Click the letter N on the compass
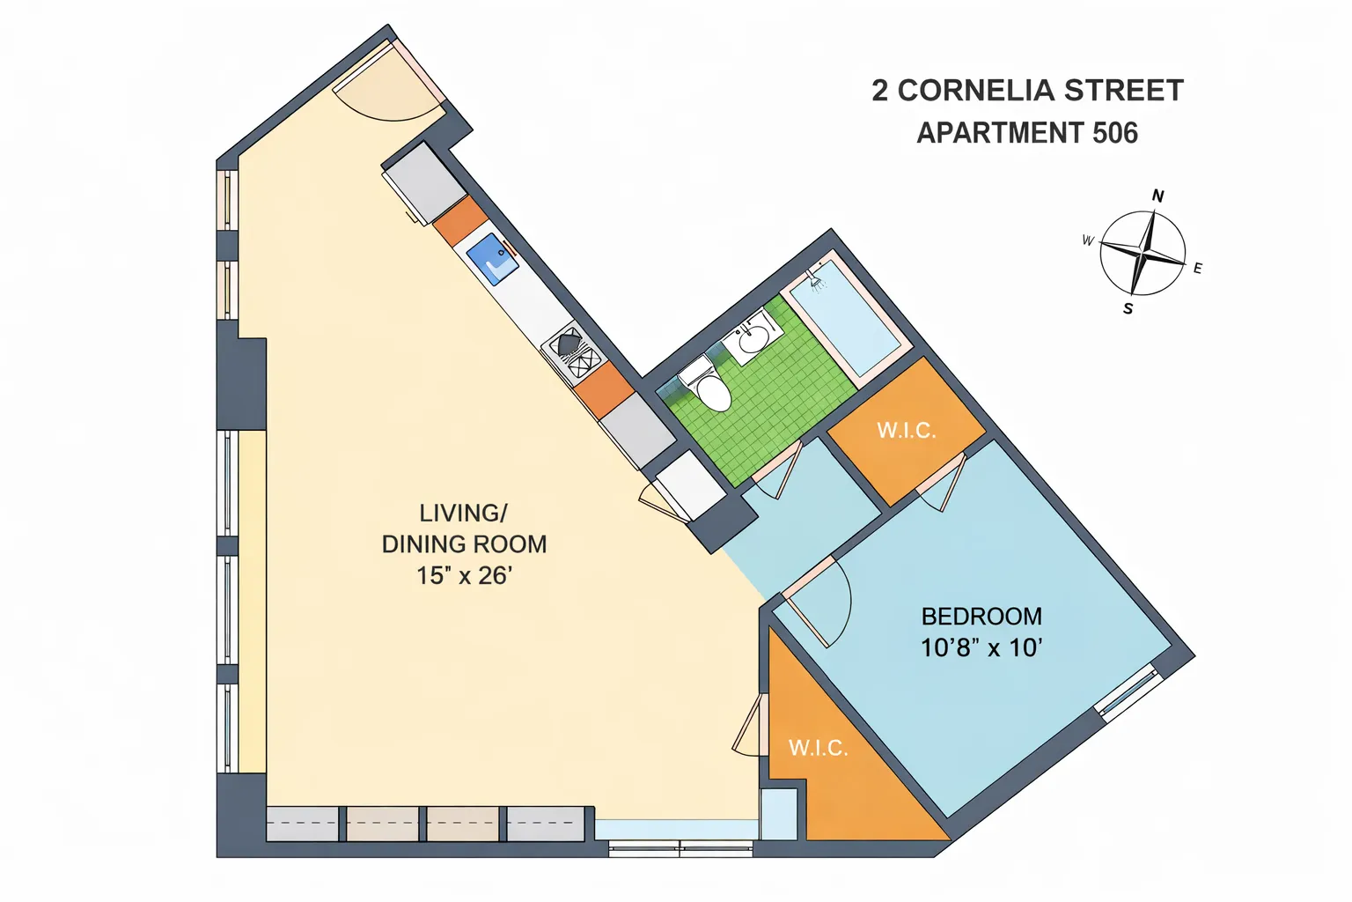coord(1157,196)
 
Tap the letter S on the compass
coord(1128,309)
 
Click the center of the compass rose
coord(1143,254)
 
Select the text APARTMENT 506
coord(1027,133)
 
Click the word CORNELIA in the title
coord(976,91)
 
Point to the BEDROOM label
coord(981,617)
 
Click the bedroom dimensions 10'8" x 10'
coord(981,648)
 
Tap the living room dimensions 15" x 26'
coord(464,576)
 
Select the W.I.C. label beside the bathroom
coord(906,431)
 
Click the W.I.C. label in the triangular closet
coord(818,748)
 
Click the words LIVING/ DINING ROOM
coord(464,529)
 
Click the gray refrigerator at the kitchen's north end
coord(423,184)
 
